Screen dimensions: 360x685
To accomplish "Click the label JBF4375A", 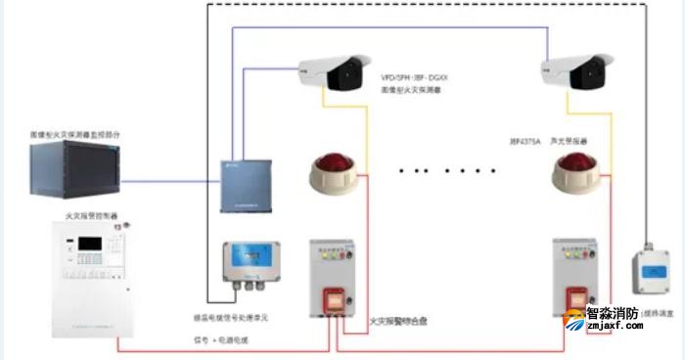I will tap(526, 141).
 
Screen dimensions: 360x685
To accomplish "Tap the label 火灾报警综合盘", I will tap(398, 320).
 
